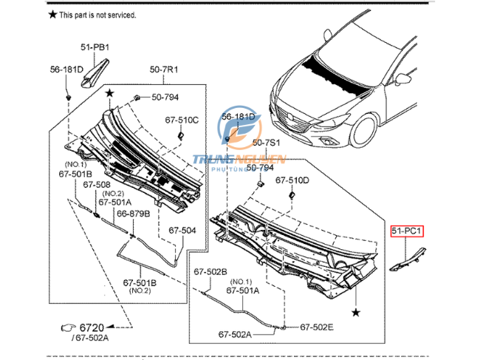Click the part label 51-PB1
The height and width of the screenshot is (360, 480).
(x=95, y=48)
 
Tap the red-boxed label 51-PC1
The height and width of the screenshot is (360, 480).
(x=407, y=231)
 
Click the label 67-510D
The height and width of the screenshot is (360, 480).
(x=292, y=180)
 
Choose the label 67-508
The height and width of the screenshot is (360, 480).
(x=96, y=185)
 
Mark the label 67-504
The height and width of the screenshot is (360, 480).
(x=182, y=230)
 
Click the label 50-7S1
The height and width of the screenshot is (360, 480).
(x=267, y=142)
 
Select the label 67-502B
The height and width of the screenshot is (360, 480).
(x=210, y=271)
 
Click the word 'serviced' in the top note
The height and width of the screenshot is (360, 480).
(x=121, y=15)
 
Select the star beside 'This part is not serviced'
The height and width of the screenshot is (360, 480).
(x=52, y=14)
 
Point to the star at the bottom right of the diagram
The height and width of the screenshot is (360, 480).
(x=357, y=313)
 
